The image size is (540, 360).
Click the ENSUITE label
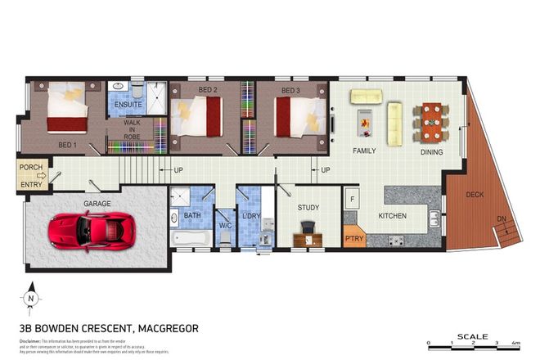coord(127,105)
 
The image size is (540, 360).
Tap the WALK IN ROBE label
coord(131,130)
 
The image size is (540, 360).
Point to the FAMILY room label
coord(364,151)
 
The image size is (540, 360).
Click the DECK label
coord(475,194)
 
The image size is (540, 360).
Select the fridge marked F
coord(352,199)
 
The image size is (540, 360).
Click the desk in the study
coord(307,240)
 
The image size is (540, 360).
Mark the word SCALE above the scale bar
coord(473,335)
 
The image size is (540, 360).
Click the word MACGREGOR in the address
coord(169,328)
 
